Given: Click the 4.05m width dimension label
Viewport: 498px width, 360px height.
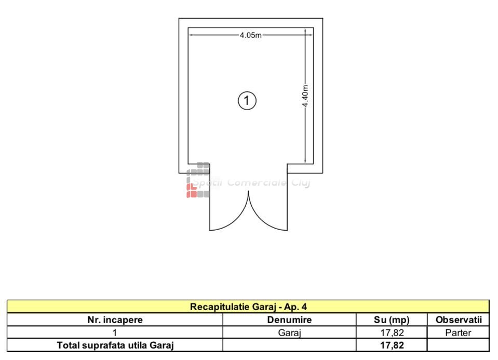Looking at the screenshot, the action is tap(251, 35).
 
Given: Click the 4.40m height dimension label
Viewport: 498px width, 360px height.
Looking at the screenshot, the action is tap(305, 96).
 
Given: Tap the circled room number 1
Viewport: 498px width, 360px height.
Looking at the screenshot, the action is tap(247, 101).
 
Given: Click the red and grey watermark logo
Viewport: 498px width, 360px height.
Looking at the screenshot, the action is tap(198, 180).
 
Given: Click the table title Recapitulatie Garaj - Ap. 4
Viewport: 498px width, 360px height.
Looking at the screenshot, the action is tap(248, 306).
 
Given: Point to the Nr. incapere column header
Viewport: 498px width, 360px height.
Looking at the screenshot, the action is tap(115, 319).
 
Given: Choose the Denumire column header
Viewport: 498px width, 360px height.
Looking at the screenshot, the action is tap(289, 319).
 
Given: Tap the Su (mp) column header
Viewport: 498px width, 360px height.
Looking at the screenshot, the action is tap(392, 320).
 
